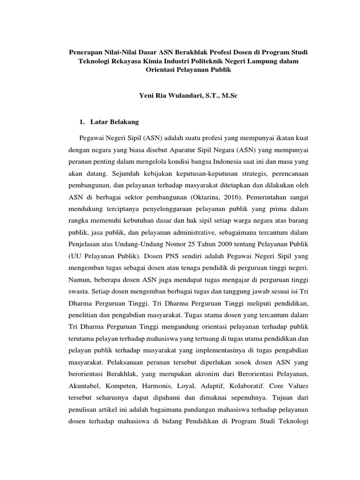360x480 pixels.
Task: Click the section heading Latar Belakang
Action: coord(114,122)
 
